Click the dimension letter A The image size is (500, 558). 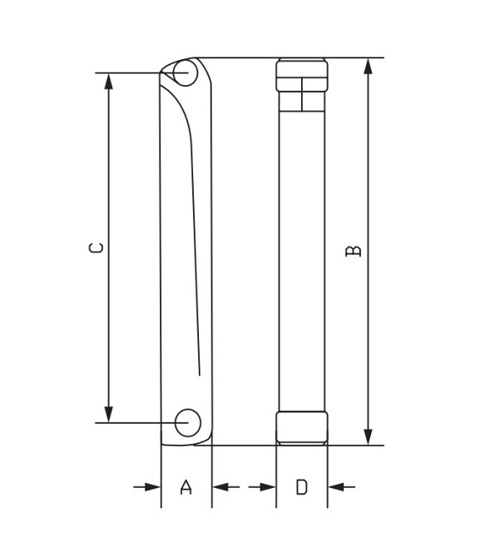point(186,487)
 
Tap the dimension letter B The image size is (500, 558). point(353,250)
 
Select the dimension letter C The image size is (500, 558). point(97,247)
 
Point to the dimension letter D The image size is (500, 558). point(301,487)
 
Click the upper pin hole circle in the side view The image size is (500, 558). point(184,73)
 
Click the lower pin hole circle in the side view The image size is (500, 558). point(186,422)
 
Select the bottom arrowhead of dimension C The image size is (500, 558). point(108,414)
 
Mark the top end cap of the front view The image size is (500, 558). point(302,83)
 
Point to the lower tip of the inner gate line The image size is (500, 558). point(200,374)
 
